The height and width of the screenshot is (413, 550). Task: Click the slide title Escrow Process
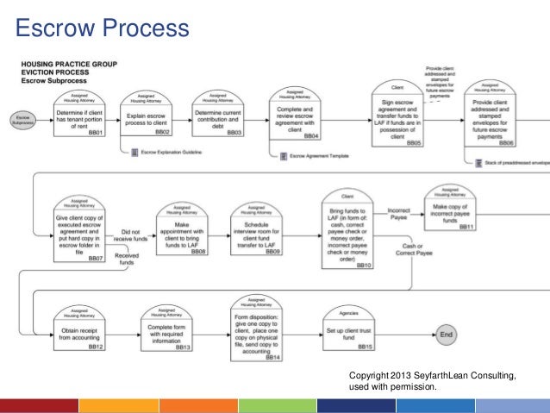pyautogui.click(x=103, y=28)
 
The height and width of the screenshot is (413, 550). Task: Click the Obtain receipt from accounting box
pyautogui.click(x=80, y=329)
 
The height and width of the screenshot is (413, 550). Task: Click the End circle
pyautogui.click(x=447, y=334)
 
